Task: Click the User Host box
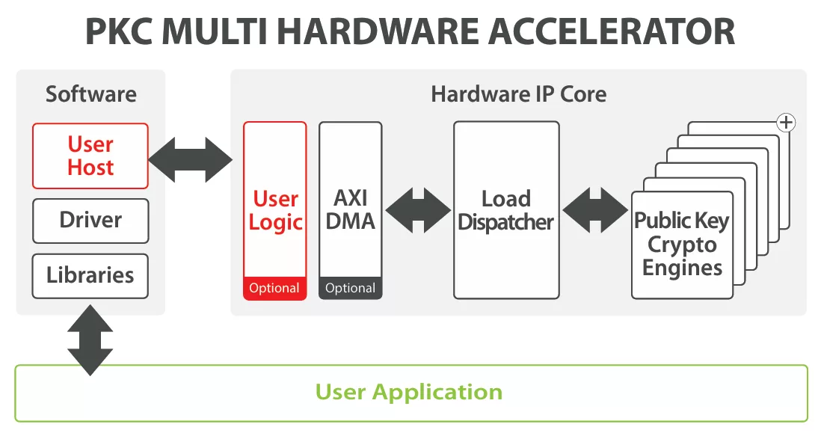click(90, 156)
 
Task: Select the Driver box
click(90, 220)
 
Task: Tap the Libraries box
click(90, 275)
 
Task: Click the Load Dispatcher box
click(506, 210)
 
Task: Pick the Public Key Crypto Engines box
click(681, 245)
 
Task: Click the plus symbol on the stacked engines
click(785, 123)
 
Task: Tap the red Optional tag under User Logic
click(274, 289)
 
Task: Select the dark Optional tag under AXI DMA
click(350, 289)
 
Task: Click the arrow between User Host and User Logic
click(191, 159)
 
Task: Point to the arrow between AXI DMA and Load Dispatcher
click(418, 210)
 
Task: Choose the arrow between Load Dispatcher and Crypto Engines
click(595, 210)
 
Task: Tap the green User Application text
click(408, 392)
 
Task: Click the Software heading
click(90, 94)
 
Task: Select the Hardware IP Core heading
click(518, 94)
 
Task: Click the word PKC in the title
click(119, 31)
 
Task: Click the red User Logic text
click(275, 210)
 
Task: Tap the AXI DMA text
click(350, 210)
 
